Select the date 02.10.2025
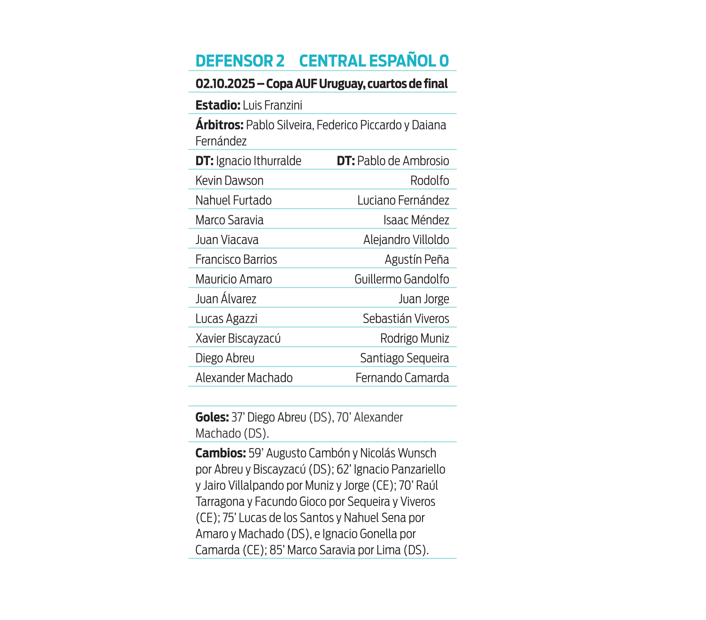(225, 84)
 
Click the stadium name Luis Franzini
(272, 106)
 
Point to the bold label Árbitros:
(219, 125)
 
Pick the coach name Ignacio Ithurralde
(258, 161)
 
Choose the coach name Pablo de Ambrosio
(403, 161)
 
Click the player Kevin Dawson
(229, 181)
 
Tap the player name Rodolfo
(429, 181)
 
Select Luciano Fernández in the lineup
(403, 200)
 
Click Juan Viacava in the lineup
(227, 240)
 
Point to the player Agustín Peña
(416, 260)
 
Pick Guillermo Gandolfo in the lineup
(401, 280)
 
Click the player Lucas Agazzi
(226, 319)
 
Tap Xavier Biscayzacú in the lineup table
(238, 339)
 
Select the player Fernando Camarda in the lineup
(402, 378)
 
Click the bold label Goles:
(212, 417)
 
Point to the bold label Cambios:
(220, 453)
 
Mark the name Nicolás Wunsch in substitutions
(398, 453)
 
